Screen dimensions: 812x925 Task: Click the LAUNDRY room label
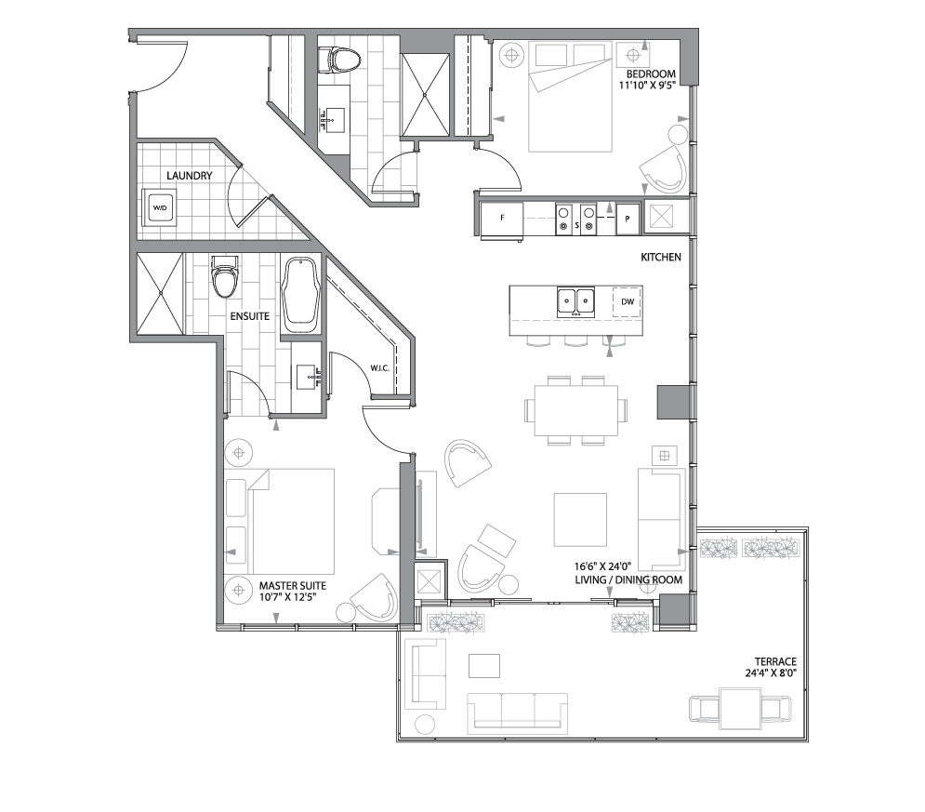click(x=190, y=176)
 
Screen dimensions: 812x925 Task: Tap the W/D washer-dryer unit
click(x=160, y=206)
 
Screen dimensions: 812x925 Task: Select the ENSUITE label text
click(x=250, y=316)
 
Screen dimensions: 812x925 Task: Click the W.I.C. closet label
click(x=379, y=367)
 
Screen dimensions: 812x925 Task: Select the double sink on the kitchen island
click(x=576, y=301)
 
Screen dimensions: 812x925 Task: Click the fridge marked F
click(x=502, y=220)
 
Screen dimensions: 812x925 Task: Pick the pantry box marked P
click(x=628, y=220)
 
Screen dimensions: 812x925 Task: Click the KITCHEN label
click(x=661, y=257)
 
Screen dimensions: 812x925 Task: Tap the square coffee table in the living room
click(x=580, y=519)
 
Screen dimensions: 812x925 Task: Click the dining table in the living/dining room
click(x=576, y=410)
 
